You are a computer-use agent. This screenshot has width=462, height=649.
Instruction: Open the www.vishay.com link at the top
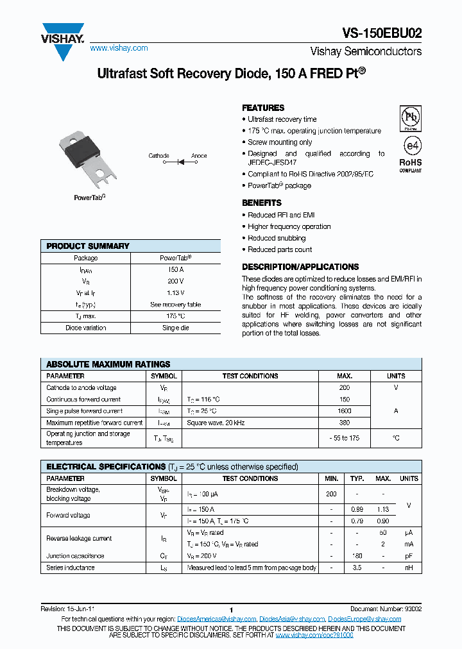119,48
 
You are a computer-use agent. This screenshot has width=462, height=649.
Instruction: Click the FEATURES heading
263,108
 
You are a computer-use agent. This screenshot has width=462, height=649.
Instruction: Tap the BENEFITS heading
262,203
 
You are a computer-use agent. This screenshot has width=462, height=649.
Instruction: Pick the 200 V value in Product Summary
175,282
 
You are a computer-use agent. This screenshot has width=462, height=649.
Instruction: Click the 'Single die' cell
175,328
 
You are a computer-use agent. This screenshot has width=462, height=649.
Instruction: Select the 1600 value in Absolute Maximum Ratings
345,411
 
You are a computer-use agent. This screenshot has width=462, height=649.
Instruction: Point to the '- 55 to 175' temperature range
345,438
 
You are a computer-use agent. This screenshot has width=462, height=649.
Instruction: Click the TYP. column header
357,478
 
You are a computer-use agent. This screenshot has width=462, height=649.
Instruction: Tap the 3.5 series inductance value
357,568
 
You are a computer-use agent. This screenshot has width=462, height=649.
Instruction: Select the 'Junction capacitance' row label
75,556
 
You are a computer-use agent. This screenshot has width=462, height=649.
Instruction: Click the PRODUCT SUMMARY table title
88,246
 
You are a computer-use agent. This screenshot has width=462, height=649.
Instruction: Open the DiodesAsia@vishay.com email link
292,619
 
